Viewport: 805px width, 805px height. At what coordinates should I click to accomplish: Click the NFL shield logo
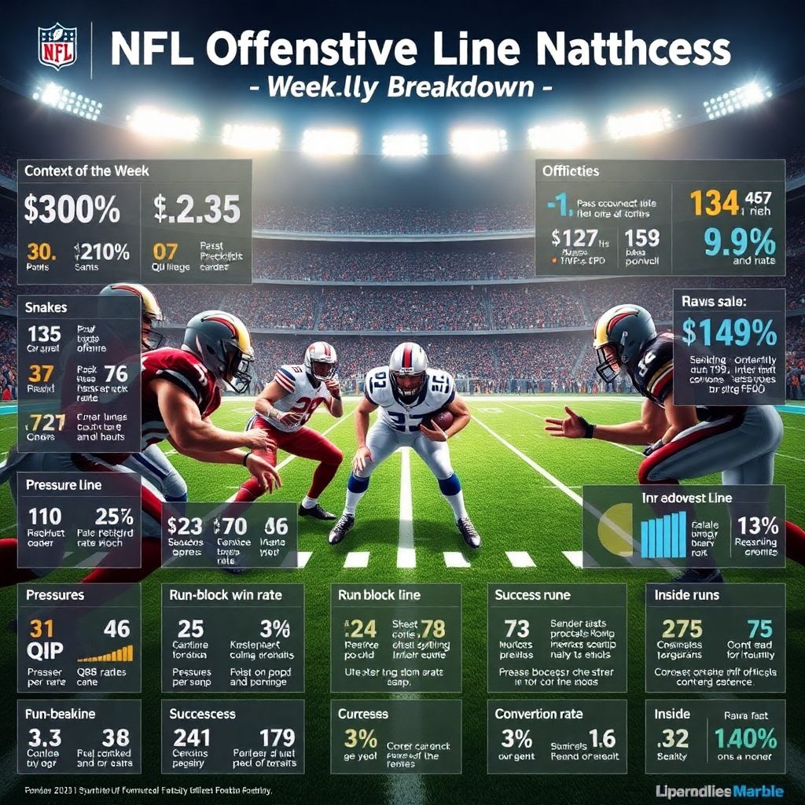tap(58, 47)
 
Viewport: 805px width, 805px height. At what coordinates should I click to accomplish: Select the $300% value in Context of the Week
tap(72, 209)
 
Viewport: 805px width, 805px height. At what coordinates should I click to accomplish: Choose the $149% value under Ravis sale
tap(729, 333)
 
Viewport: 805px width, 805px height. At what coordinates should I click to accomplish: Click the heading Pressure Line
tap(63, 485)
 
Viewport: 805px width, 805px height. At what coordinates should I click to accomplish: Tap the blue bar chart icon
tap(663, 535)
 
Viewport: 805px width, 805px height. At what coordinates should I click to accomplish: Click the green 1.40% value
tap(744, 738)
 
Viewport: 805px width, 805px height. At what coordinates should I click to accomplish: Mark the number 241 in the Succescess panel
tap(191, 738)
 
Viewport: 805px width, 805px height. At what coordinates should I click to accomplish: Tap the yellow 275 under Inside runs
tap(682, 628)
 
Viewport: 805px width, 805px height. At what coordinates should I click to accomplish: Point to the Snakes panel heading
tap(46, 308)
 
